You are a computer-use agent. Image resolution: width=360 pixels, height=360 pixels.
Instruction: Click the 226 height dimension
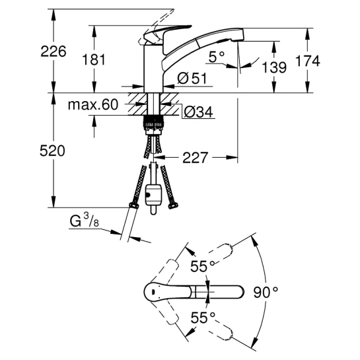[54, 52]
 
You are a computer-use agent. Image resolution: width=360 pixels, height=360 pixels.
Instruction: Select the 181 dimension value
[94, 59]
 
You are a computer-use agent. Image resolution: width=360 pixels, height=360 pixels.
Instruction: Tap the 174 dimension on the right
[307, 61]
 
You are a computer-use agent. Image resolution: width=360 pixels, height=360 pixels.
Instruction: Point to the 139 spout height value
[274, 67]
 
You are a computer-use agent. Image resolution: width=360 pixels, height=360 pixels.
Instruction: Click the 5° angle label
[216, 57]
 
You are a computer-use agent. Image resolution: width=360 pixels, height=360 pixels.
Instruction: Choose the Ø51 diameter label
[192, 79]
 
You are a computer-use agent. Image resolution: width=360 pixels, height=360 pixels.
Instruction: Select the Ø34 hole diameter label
[199, 112]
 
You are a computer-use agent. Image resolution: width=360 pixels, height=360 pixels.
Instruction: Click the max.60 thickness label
[93, 104]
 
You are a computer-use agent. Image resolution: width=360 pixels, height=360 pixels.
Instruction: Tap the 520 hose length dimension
[52, 151]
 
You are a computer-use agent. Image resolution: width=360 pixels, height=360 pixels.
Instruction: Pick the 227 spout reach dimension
[195, 157]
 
